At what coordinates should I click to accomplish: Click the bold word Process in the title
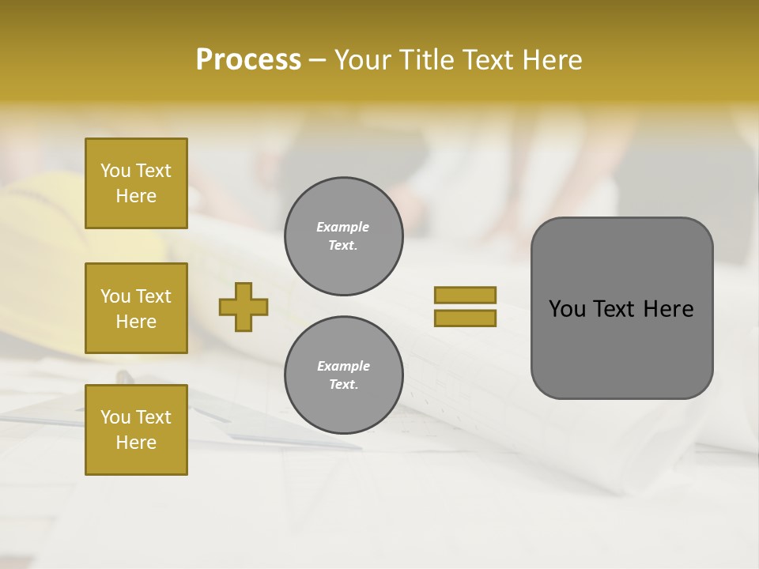point(248,60)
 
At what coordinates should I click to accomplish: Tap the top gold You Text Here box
point(136,183)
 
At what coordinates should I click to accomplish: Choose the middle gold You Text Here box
point(136,308)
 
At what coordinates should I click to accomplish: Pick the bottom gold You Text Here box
point(136,430)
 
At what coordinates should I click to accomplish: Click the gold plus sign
point(244,307)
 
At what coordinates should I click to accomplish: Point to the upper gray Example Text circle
point(343,236)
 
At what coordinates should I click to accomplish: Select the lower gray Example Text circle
point(343,375)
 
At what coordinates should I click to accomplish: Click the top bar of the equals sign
point(465,295)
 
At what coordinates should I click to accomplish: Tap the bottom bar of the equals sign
point(465,318)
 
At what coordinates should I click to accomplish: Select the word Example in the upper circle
point(343,227)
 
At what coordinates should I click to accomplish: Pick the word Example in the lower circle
point(343,366)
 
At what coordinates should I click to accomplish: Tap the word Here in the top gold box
point(136,196)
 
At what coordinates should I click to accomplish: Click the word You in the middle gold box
point(114,296)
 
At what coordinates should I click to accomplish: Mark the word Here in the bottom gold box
point(136,443)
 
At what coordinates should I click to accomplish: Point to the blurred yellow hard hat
point(47,213)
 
